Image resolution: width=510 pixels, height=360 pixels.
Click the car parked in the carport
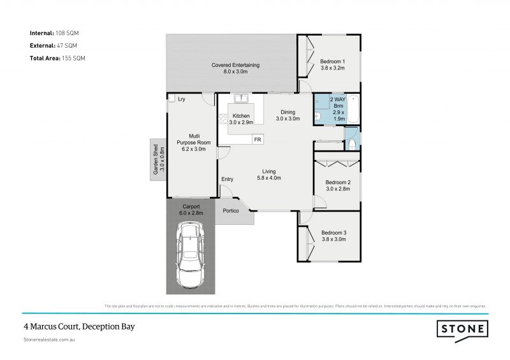(x=189, y=259)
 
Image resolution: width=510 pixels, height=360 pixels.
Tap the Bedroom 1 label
(x=332, y=61)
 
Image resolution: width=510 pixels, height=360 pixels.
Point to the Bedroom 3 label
(x=333, y=233)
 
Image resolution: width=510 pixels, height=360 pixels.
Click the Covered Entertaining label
(x=235, y=65)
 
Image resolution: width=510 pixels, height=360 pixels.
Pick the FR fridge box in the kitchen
(x=258, y=139)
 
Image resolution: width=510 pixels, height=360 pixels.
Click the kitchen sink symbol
(x=242, y=99)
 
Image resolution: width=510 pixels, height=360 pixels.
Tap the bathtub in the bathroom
(x=353, y=108)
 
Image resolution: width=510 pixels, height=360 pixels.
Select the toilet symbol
(x=353, y=144)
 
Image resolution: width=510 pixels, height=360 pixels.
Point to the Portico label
(x=231, y=211)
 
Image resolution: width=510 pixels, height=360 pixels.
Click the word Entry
(x=227, y=179)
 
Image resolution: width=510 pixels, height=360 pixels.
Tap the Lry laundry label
(x=182, y=99)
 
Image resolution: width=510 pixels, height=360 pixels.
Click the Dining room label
(x=288, y=112)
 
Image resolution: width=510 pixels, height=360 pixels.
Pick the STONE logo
(x=463, y=329)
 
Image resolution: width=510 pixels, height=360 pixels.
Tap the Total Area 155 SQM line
(x=57, y=58)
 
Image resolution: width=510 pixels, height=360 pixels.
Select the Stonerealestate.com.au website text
(x=51, y=341)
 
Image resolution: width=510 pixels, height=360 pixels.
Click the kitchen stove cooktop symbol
(x=223, y=118)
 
